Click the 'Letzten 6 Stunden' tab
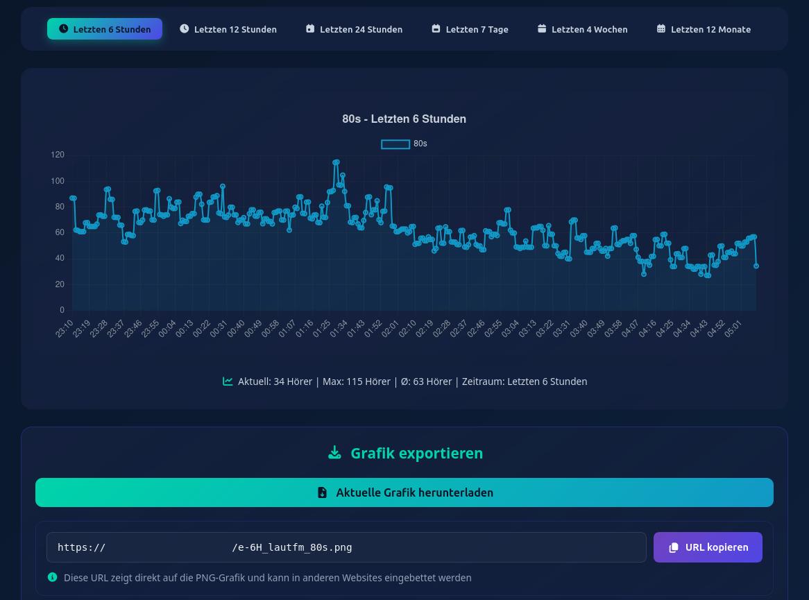coord(105,29)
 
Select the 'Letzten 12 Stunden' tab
coord(228,29)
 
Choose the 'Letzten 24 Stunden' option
coord(354,29)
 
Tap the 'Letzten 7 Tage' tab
coord(470,29)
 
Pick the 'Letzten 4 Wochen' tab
coord(582,29)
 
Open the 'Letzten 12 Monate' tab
coord(704,29)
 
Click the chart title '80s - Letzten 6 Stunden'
coord(404,119)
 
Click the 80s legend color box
coord(395,144)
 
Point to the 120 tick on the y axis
coord(58,155)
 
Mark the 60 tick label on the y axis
coord(59,232)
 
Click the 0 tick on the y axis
coord(62,310)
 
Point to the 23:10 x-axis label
coord(65,328)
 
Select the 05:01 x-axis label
coord(733,328)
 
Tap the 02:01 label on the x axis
coord(391,328)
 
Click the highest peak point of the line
coord(337,162)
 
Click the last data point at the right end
coord(756,266)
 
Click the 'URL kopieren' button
coord(708,547)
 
